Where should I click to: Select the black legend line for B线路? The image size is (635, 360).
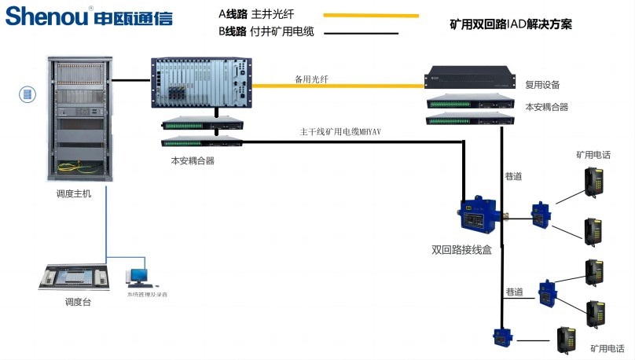coord(362,33)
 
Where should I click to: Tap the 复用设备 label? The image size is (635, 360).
coord(542,84)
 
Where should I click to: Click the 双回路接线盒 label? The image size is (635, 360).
coord(461,250)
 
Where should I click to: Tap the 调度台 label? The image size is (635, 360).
coord(78,302)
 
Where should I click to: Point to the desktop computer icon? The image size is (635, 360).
coord(139,274)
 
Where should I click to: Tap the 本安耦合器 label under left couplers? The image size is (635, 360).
coord(193,160)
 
